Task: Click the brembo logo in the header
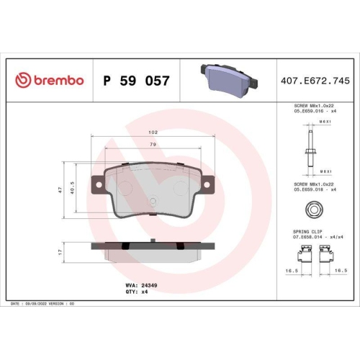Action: click(50, 81)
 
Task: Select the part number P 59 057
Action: click(137, 81)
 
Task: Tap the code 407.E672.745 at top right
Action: click(315, 81)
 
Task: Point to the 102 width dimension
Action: click(153, 132)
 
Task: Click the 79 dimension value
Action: click(153, 145)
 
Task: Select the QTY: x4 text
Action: click(137, 292)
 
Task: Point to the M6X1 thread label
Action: click(325, 122)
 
